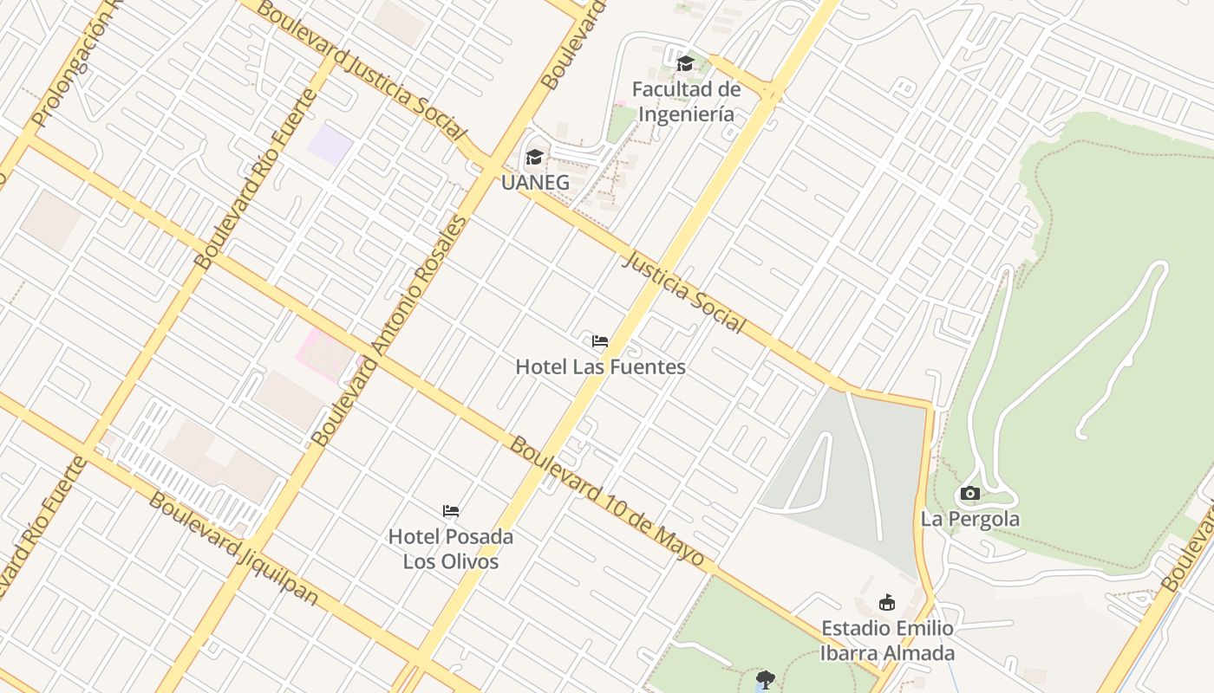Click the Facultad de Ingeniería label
click(685, 101)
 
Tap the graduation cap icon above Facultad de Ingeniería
click(685, 63)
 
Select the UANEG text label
click(535, 183)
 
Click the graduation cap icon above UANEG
click(534, 157)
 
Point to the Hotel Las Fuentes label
click(600, 366)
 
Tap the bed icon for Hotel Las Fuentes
click(599, 341)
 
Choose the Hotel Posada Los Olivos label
click(450, 548)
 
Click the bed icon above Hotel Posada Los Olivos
click(450, 511)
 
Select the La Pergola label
click(969, 520)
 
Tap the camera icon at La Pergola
click(969, 494)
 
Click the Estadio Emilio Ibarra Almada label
click(887, 641)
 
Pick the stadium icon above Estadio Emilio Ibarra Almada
click(886, 602)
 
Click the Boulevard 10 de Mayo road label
click(606, 502)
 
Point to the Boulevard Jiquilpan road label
click(232, 548)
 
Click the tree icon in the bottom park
click(764, 678)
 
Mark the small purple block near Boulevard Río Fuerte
click(330, 144)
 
